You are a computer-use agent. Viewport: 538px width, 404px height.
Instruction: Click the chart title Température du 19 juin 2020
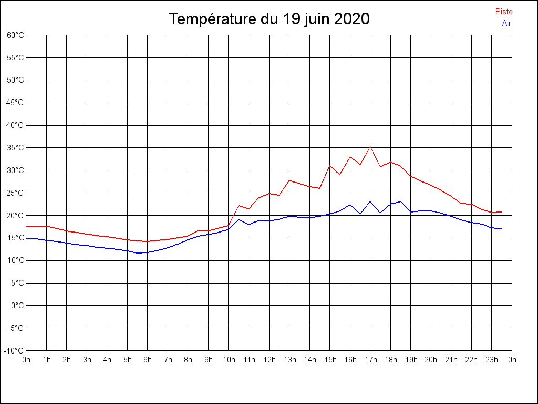coord(269,19)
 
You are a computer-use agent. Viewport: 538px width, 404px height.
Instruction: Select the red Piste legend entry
coord(503,12)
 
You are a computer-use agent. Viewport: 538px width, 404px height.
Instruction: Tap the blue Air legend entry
coord(506,23)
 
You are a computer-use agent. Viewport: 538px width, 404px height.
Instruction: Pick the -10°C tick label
coord(14,350)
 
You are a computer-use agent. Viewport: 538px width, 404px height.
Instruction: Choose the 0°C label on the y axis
coord(17,305)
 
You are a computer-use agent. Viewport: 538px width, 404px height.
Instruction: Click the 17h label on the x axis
coord(370,360)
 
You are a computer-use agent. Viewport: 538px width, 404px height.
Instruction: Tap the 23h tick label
coord(492,360)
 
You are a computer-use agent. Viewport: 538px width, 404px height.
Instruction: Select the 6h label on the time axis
coord(148,360)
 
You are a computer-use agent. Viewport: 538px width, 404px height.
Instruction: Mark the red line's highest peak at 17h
coord(370,147)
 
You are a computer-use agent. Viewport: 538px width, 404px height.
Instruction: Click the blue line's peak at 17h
coord(370,201)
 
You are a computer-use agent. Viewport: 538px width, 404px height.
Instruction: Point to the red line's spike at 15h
coord(330,166)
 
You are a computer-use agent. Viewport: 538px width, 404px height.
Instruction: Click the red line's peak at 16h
coord(350,157)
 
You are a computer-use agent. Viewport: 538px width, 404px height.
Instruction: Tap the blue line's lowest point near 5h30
coord(138,253)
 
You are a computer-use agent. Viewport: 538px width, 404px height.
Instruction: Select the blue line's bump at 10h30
coord(239,219)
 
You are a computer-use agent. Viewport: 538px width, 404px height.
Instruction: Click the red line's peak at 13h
coord(289,180)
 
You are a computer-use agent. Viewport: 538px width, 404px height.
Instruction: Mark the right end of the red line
coord(502,212)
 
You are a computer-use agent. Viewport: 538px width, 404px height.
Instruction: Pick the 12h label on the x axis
coord(269,360)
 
